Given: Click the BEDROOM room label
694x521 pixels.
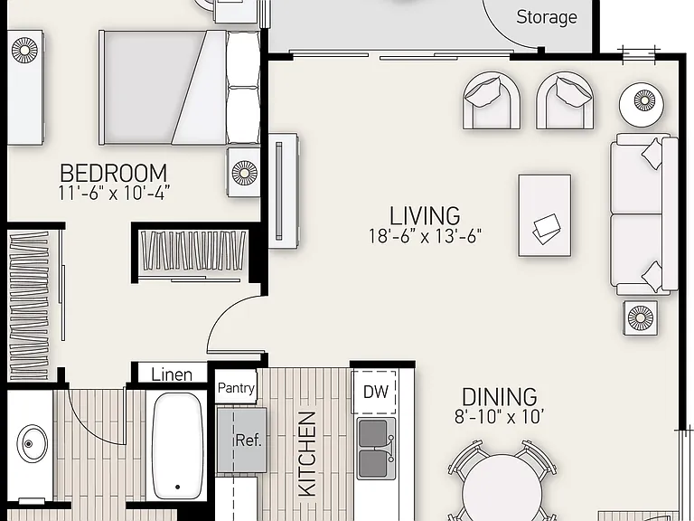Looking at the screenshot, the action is [113, 174].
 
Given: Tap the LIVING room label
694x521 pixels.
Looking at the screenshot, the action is [425, 216].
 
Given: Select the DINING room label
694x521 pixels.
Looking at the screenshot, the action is [499, 397].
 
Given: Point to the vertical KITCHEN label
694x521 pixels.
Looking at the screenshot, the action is [307, 454].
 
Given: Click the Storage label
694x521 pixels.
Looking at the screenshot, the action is [547, 17].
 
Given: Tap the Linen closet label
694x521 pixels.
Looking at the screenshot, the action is [172, 374].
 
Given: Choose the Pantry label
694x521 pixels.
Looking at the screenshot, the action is [236, 388].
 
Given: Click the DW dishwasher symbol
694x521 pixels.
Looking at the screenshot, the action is [375, 392].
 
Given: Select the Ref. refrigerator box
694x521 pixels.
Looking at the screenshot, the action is [241, 440].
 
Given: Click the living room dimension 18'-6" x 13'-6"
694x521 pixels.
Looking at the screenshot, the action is [425, 236].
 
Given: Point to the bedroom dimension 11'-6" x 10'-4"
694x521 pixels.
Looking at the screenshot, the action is [114, 194].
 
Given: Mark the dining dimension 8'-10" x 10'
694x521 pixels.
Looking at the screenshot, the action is [499, 416].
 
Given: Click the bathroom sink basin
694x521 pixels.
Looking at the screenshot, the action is [32, 443].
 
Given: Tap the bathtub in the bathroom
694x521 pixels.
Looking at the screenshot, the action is [177, 446].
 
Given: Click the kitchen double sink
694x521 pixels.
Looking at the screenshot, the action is [376, 449].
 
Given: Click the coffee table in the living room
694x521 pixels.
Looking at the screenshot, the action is [544, 215].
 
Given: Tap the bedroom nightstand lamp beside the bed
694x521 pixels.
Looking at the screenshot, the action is [244, 173].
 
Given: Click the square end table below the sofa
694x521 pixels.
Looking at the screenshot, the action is [640, 317].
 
